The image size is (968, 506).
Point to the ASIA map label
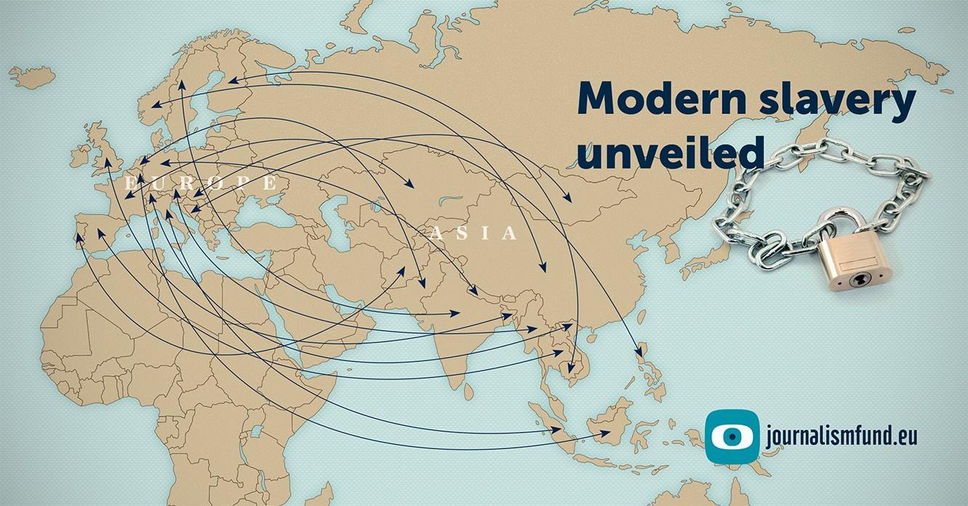tap(474, 233)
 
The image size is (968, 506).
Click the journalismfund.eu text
tap(842, 436)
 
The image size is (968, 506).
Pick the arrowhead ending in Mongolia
tap(569, 198)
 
